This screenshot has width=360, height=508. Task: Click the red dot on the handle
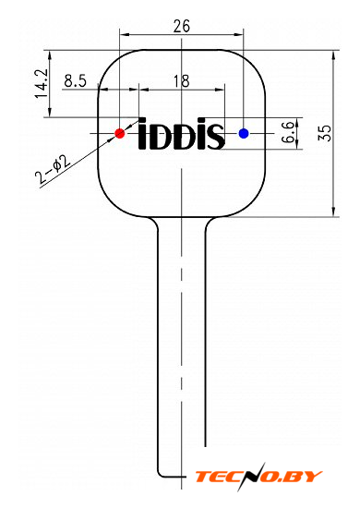coord(120,133)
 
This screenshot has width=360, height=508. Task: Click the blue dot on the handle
coord(244,133)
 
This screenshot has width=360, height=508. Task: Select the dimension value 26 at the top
coord(181,27)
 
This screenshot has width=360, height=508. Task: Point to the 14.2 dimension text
coord(42,83)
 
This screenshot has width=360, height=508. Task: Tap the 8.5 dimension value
coord(76,81)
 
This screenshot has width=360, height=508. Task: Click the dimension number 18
coord(181,81)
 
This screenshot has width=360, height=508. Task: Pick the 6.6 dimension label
coord(288,132)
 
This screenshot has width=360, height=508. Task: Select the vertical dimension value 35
coord(325,133)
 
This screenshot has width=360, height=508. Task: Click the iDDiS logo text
coord(181,134)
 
